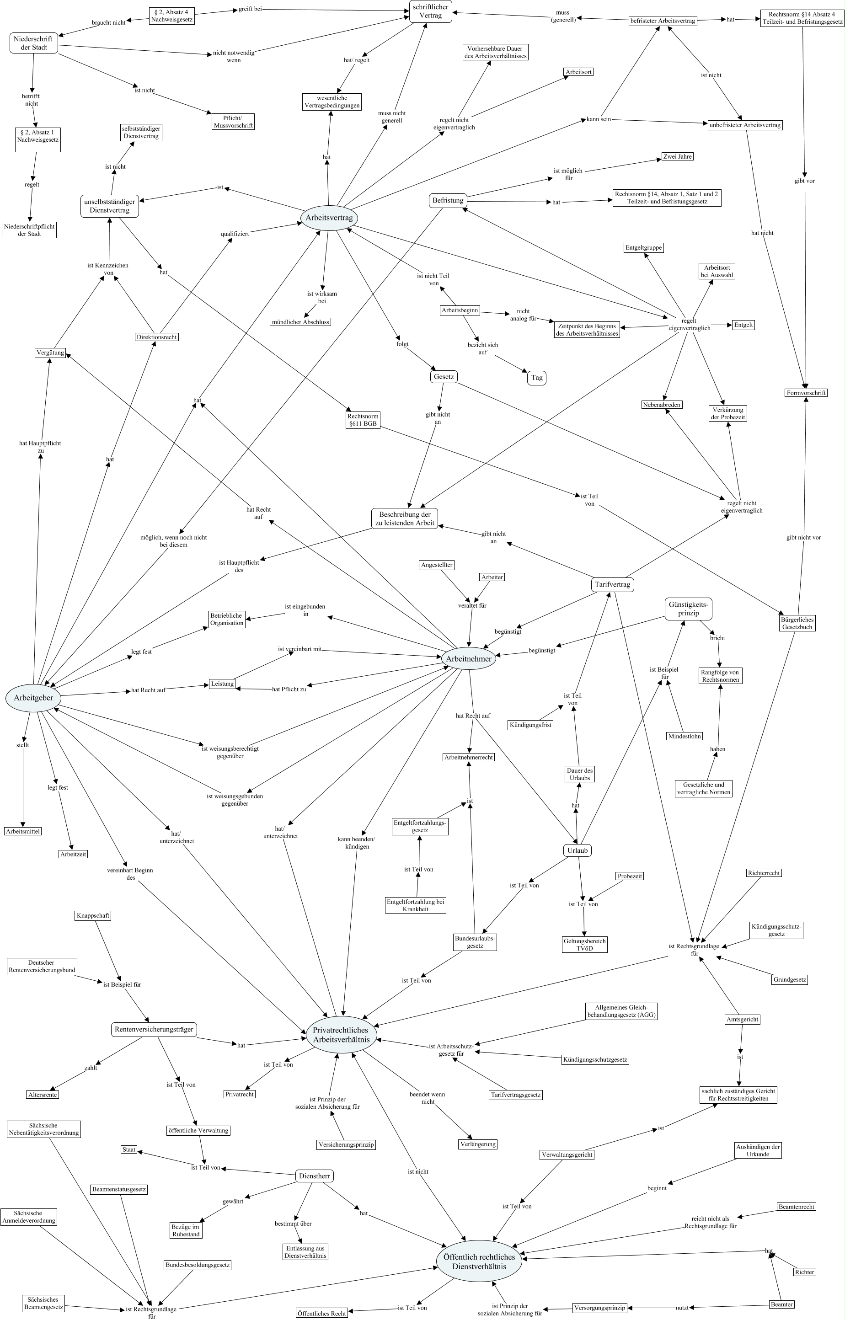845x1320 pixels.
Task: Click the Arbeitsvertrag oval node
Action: click(x=329, y=218)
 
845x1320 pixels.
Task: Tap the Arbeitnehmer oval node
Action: click(x=469, y=658)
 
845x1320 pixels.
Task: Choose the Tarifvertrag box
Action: click(x=612, y=584)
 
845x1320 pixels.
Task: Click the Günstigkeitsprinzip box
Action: click(x=688, y=609)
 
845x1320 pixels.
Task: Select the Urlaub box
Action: click(x=577, y=850)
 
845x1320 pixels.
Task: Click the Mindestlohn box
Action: click(x=684, y=736)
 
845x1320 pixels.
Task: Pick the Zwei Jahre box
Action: click(x=678, y=156)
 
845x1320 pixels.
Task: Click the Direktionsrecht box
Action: click(x=156, y=337)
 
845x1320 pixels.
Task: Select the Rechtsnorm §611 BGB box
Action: click(x=363, y=420)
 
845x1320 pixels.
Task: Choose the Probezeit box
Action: click(x=629, y=876)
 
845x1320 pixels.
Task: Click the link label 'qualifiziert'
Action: click(x=235, y=234)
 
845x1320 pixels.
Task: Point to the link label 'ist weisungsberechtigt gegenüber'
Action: click(x=230, y=752)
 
